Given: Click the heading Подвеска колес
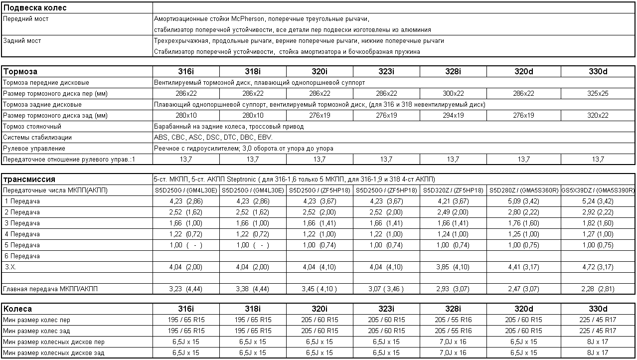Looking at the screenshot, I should (x=35, y=8).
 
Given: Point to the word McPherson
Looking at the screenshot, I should (x=248, y=19).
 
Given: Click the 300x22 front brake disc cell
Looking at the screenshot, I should (x=453, y=94).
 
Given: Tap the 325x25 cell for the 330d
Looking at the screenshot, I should (x=598, y=94).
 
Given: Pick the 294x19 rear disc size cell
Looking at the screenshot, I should (x=453, y=116).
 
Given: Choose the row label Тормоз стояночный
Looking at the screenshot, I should (x=32, y=127).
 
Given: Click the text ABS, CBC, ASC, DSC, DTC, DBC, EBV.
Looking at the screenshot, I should (x=213, y=138).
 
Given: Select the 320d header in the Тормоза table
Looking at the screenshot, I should (x=523, y=71).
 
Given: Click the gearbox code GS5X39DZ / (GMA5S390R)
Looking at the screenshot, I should (x=598, y=190).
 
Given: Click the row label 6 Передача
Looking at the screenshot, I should (x=22, y=256).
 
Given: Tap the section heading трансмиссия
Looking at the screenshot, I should (x=29, y=180).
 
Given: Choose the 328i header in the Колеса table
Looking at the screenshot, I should (x=453, y=309).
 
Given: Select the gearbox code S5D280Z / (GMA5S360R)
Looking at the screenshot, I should (x=523, y=190).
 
